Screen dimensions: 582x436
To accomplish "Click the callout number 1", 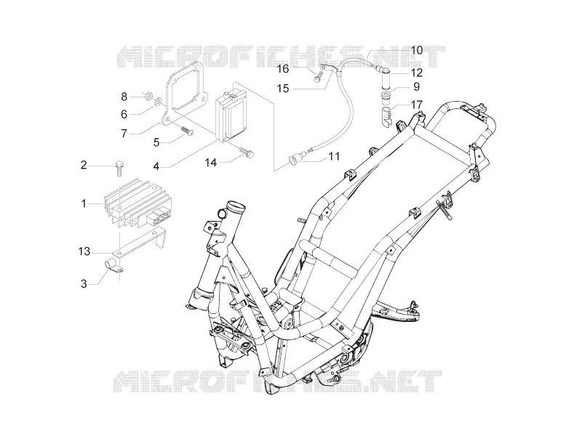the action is tap(84, 203).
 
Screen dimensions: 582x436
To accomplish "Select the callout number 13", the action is tap(84, 251).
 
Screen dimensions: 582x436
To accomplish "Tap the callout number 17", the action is tap(417, 105).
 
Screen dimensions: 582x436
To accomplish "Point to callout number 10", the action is tap(417, 50).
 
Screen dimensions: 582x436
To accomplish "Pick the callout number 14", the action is tap(211, 162).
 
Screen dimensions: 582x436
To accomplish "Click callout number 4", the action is tap(156, 166).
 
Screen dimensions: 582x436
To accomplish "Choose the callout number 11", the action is tap(334, 156).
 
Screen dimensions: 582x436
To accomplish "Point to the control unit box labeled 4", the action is tap(232, 113).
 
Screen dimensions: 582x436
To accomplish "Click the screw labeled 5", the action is tap(188, 132).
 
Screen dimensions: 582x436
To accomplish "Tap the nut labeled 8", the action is tap(148, 97).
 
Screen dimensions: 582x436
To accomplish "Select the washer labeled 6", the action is tap(159, 100).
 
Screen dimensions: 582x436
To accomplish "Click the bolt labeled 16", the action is tap(317, 78).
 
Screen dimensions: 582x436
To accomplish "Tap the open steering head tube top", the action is tap(236, 205).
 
